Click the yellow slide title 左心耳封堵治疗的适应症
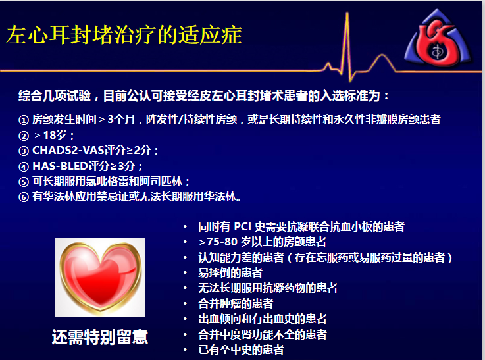pyautogui.click(x=124, y=35)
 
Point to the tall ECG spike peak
pyautogui.click(x=347, y=13)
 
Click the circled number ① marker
pyautogui.click(x=24, y=120)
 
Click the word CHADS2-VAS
pyautogui.click(x=68, y=150)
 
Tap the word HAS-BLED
pyautogui.click(x=61, y=166)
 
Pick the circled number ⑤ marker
pyautogui.click(x=24, y=182)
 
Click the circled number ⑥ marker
pyautogui.click(x=24, y=197)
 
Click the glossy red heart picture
pyautogui.click(x=100, y=277)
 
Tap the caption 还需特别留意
pyautogui.click(x=100, y=337)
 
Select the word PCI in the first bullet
pyautogui.click(x=242, y=226)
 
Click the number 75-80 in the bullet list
pyautogui.click(x=222, y=242)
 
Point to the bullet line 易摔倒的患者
pyautogui.click(x=230, y=272)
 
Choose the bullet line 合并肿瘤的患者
pyautogui.click(x=236, y=303)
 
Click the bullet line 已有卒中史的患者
pyautogui.click(x=242, y=349)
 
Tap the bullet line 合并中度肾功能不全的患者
pyautogui.click(x=263, y=334)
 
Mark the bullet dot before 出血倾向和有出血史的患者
pyautogui.click(x=186, y=319)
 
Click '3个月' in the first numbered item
pyautogui.click(x=121, y=119)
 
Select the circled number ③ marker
pyautogui.click(x=24, y=151)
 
